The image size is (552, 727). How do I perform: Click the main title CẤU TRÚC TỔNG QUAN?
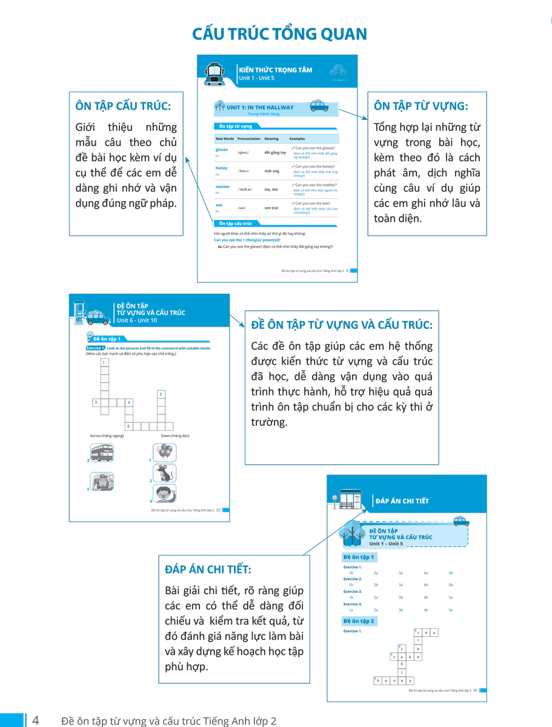click(279, 34)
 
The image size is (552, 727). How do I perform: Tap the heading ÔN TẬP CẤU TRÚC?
click(123, 106)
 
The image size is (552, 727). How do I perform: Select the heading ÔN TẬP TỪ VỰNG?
click(421, 106)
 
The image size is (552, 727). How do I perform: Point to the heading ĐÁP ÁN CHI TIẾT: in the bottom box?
click(208, 569)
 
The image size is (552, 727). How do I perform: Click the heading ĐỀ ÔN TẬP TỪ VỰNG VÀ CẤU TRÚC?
click(342, 325)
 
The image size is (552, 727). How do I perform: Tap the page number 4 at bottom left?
click(36, 720)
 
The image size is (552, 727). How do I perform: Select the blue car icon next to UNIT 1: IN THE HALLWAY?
click(319, 107)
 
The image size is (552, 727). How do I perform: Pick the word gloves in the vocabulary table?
click(222, 150)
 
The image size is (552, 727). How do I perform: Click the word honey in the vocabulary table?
click(221, 168)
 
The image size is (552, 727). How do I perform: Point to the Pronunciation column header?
click(248, 139)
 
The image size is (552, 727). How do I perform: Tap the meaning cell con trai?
click(271, 208)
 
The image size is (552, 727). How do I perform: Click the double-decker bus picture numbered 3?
click(102, 453)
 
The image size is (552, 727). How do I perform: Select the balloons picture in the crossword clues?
click(165, 453)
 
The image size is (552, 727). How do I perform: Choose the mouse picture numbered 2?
click(165, 473)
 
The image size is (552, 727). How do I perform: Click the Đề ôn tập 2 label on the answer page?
click(359, 621)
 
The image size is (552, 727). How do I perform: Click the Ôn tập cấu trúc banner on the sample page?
click(236, 224)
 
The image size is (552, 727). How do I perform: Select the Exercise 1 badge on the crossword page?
click(95, 348)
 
